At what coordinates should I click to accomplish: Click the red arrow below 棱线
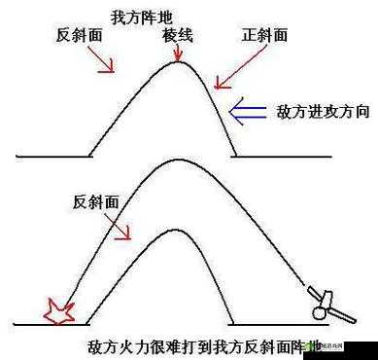(x=177, y=54)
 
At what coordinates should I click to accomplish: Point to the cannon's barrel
(x=310, y=291)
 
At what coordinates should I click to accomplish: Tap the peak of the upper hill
(x=177, y=64)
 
